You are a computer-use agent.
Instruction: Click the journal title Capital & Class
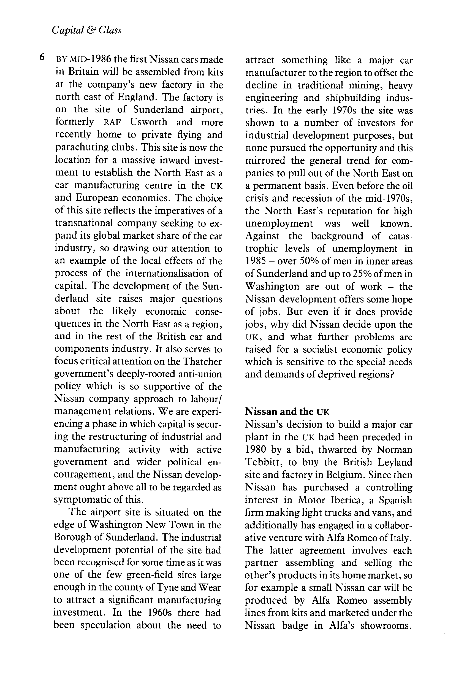(86, 30)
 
